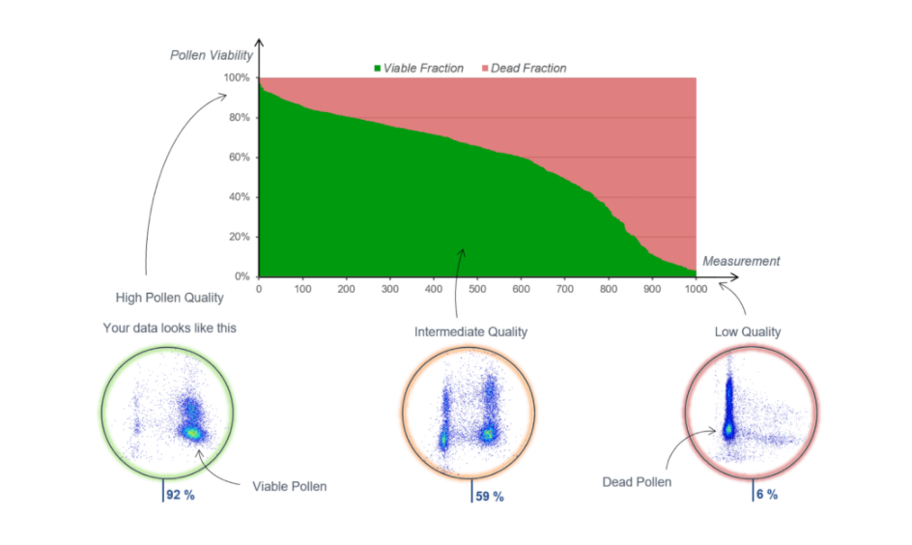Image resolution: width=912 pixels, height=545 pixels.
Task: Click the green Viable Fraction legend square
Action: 378,69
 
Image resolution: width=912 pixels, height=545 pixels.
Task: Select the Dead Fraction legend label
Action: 528,69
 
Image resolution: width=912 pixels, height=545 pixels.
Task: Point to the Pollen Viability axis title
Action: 211,54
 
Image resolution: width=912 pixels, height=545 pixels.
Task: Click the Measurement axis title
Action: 741,261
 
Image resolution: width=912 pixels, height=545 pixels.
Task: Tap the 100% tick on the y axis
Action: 238,78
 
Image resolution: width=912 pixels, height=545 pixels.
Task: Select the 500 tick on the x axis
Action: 477,288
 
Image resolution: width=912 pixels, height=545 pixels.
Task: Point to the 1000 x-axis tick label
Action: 695,288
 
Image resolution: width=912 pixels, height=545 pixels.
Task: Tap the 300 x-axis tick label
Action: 390,288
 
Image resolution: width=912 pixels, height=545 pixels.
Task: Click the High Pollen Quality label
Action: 169,298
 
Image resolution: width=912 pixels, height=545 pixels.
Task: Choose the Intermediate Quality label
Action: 470,332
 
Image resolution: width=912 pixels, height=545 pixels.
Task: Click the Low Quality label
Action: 748,332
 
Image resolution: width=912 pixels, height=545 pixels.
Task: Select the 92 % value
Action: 181,496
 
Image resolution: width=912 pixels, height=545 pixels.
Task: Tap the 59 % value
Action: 490,497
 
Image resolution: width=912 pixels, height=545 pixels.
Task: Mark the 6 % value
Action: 766,495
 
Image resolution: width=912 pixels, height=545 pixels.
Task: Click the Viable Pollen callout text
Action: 289,486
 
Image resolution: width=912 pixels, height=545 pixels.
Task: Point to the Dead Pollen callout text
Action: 636,481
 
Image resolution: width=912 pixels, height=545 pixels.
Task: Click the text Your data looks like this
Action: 169,329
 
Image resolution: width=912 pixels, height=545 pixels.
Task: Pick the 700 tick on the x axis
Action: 651,288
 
